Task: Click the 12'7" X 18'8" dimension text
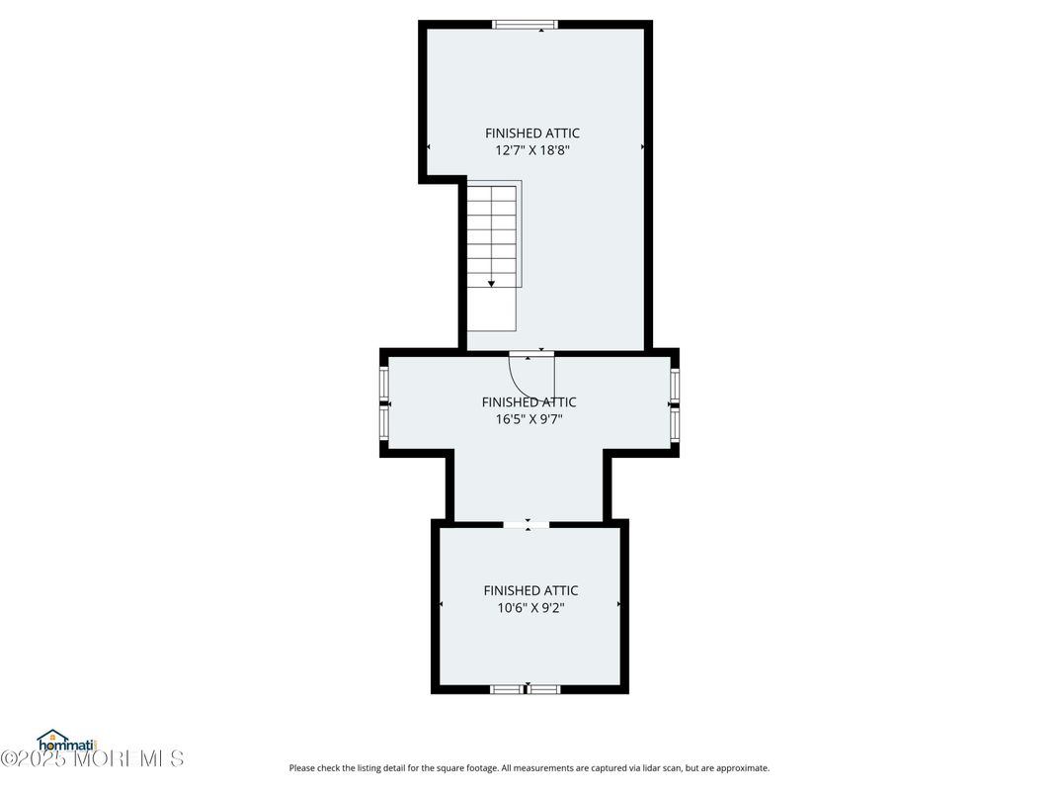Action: [532, 151]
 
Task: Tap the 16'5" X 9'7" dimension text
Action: [529, 419]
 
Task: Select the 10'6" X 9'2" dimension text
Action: [530, 608]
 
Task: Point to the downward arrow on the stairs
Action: [491, 282]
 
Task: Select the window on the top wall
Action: [525, 25]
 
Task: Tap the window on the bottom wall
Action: [526, 689]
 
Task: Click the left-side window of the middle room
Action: [384, 403]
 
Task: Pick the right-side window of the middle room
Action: [675, 403]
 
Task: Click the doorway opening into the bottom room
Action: [528, 524]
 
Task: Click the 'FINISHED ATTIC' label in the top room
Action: [532, 133]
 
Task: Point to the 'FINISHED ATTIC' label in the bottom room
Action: [530, 590]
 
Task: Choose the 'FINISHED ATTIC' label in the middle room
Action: [529, 402]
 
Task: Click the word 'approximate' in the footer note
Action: [743, 768]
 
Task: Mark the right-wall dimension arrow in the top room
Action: [642, 146]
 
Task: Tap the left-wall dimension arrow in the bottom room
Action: [441, 603]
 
